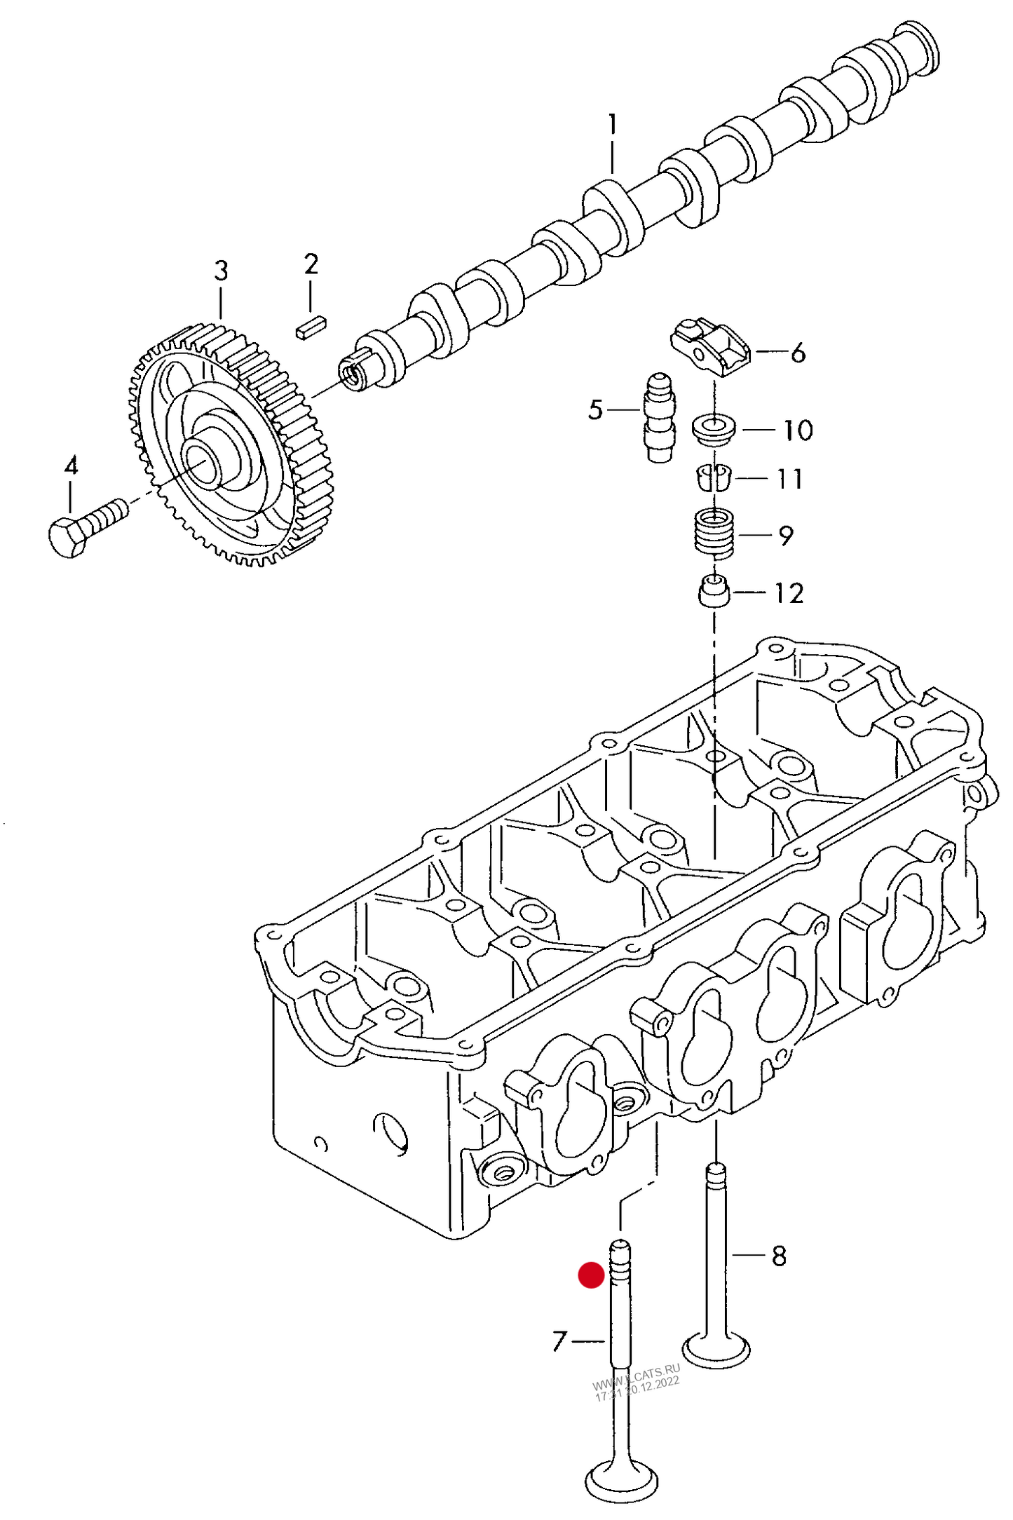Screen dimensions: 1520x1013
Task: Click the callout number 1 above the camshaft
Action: coord(612,125)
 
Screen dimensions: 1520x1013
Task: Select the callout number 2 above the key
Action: coord(311,264)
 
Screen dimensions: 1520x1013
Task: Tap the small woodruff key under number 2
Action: coord(310,327)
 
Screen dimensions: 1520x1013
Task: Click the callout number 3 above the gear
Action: coord(221,271)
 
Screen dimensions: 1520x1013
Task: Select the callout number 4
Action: coord(71,466)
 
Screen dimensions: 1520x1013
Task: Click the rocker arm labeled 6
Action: coord(709,345)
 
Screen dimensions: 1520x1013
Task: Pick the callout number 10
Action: coord(797,430)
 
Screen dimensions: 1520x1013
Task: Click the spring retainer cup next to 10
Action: coord(714,428)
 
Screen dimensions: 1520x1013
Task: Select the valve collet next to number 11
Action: coord(714,478)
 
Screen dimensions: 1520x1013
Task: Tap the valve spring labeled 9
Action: coord(714,534)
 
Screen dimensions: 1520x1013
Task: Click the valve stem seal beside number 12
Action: coord(714,592)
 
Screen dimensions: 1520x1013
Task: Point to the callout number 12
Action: coord(789,593)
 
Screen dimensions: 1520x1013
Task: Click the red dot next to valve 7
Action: coord(591,1275)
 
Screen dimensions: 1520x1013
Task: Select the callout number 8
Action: coord(779,1256)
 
